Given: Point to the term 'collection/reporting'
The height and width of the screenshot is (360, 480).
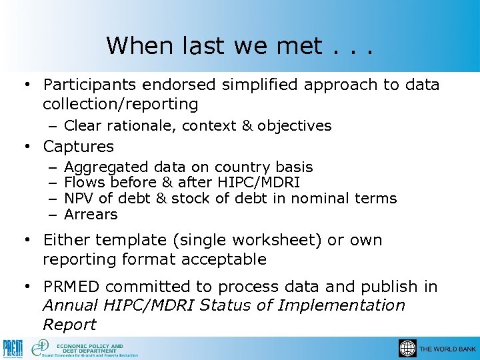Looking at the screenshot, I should (x=120, y=104).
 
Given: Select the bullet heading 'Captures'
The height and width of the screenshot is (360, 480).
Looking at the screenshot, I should (x=78, y=146).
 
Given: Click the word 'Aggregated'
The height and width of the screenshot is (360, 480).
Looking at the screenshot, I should (x=107, y=167).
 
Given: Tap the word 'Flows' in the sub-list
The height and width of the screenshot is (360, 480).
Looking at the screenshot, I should (x=85, y=183).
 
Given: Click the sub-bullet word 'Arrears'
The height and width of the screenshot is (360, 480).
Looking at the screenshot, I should (x=91, y=215).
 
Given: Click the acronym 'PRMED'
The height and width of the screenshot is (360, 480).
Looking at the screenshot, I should (x=71, y=287).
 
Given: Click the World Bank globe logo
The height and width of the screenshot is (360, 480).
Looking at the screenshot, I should (x=407, y=349).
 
